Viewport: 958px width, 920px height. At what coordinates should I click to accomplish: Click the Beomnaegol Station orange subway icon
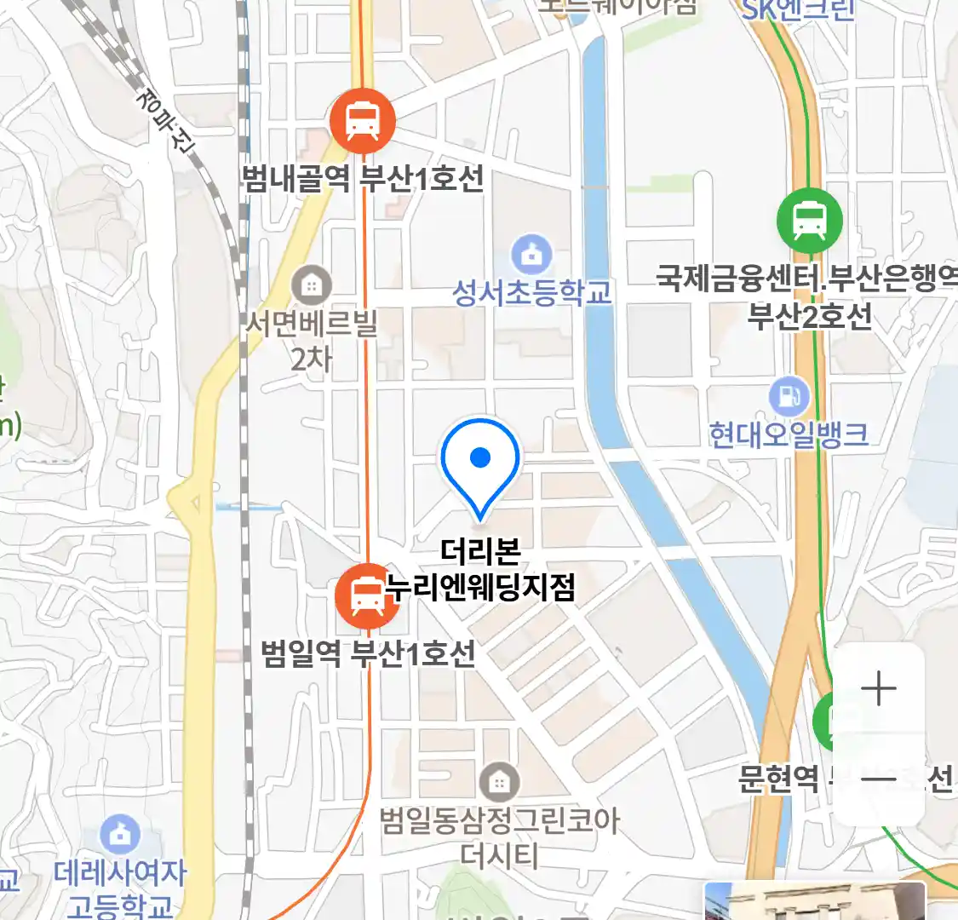(x=363, y=120)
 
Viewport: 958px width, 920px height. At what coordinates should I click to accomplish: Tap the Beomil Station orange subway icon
(x=367, y=595)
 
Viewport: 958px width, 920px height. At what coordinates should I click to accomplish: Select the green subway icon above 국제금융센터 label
(x=809, y=220)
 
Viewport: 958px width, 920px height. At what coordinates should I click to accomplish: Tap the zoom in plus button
(x=878, y=688)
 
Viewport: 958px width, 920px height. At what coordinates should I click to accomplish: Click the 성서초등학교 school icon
(x=531, y=253)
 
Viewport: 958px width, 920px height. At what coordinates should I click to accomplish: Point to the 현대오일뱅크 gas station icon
(x=789, y=395)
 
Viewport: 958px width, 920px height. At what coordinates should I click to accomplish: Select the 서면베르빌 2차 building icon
(x=312, y=285)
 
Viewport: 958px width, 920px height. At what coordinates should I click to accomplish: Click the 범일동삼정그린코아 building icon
(x=498, y=781)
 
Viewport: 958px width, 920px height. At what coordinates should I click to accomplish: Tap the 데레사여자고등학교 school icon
(x=120, y=835)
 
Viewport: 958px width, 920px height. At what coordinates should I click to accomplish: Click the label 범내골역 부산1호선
(x=363, y=179)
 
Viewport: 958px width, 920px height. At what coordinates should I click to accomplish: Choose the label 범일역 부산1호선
(x=369, y=654)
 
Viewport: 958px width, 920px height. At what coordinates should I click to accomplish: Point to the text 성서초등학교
(x=532, y=293)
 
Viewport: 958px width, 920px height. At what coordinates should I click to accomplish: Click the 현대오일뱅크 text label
(x=789, y=434)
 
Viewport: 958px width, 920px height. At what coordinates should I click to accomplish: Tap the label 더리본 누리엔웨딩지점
(x=481, y=569)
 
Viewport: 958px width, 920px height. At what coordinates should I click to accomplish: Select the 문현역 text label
(x=778, y=778)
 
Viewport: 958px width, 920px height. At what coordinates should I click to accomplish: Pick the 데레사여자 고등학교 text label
(x=120, y=888)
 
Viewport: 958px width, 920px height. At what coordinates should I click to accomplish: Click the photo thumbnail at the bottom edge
(x=814, y=901)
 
